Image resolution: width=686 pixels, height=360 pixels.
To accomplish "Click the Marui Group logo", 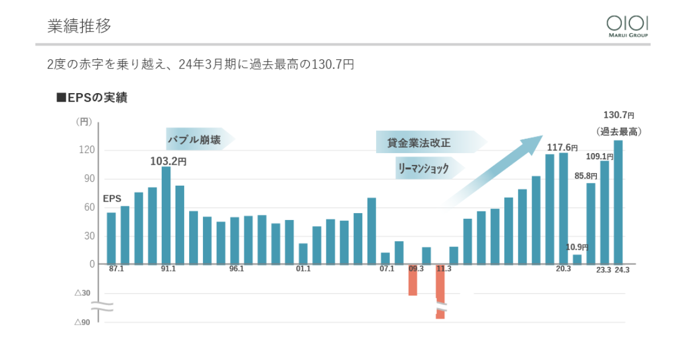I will [x=627, y=26].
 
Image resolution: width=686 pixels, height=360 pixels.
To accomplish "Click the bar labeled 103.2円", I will [x=166, y=215].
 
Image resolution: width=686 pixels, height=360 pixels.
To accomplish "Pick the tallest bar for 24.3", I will [x=618, y=202].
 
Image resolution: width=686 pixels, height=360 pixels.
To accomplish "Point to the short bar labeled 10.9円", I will [x=577, y=259].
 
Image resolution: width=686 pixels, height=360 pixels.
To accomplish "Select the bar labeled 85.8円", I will [x=591, y=223].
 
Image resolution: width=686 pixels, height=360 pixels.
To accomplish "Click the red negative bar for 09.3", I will [x=413, y=279].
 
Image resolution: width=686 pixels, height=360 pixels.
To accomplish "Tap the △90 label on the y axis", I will [x=82, y=322].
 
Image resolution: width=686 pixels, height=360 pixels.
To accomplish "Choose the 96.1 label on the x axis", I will [x=236, y=269].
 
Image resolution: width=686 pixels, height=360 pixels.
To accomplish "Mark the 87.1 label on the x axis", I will [x=116, y=269].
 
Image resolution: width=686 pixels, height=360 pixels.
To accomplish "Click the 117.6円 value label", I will [x=563, y=147].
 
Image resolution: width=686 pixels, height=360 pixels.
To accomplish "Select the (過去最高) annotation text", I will [x=619, y=131].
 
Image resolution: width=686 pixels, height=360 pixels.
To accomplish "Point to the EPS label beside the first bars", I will [x=112, y=199].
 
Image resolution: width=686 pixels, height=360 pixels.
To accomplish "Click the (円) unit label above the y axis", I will [x=83, y=121].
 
